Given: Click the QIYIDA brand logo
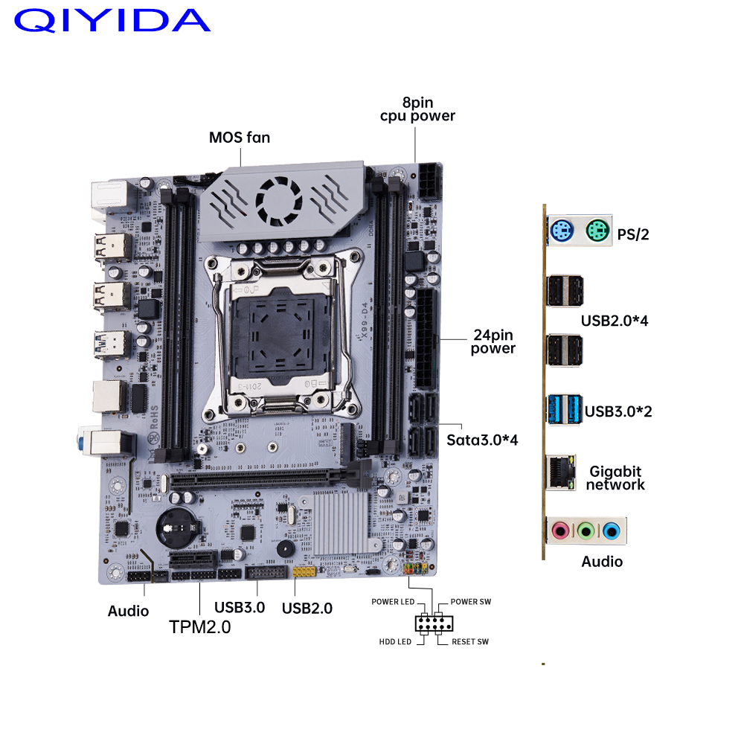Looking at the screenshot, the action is coord(112,20).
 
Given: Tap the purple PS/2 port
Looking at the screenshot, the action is coord(562,231).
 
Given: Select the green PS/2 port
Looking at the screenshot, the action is coord(597,231).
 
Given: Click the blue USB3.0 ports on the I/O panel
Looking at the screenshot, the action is coord(564,409).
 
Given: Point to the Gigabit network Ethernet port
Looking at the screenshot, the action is coord(561,472).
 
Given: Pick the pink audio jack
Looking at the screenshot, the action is coord(560,530).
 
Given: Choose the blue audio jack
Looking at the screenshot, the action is coord(611,530).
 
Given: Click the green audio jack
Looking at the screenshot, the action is coord(586,530).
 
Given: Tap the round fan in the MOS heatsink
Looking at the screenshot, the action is coord(278,201).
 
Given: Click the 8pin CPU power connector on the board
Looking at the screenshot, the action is coord(430,182).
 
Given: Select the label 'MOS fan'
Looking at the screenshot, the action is coord(240,138).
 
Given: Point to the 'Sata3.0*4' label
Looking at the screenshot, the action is coord(482,440).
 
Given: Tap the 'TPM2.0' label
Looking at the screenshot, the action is coord(199,627).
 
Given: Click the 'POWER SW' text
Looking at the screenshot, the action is coord(471,602).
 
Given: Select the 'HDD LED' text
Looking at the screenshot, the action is coord(395,641).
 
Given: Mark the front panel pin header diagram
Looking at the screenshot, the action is coord(434,623).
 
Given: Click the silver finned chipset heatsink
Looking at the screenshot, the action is coord(341,522).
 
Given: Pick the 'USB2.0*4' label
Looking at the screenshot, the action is coord(615,321).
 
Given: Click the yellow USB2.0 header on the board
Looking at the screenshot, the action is coord(304,571).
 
